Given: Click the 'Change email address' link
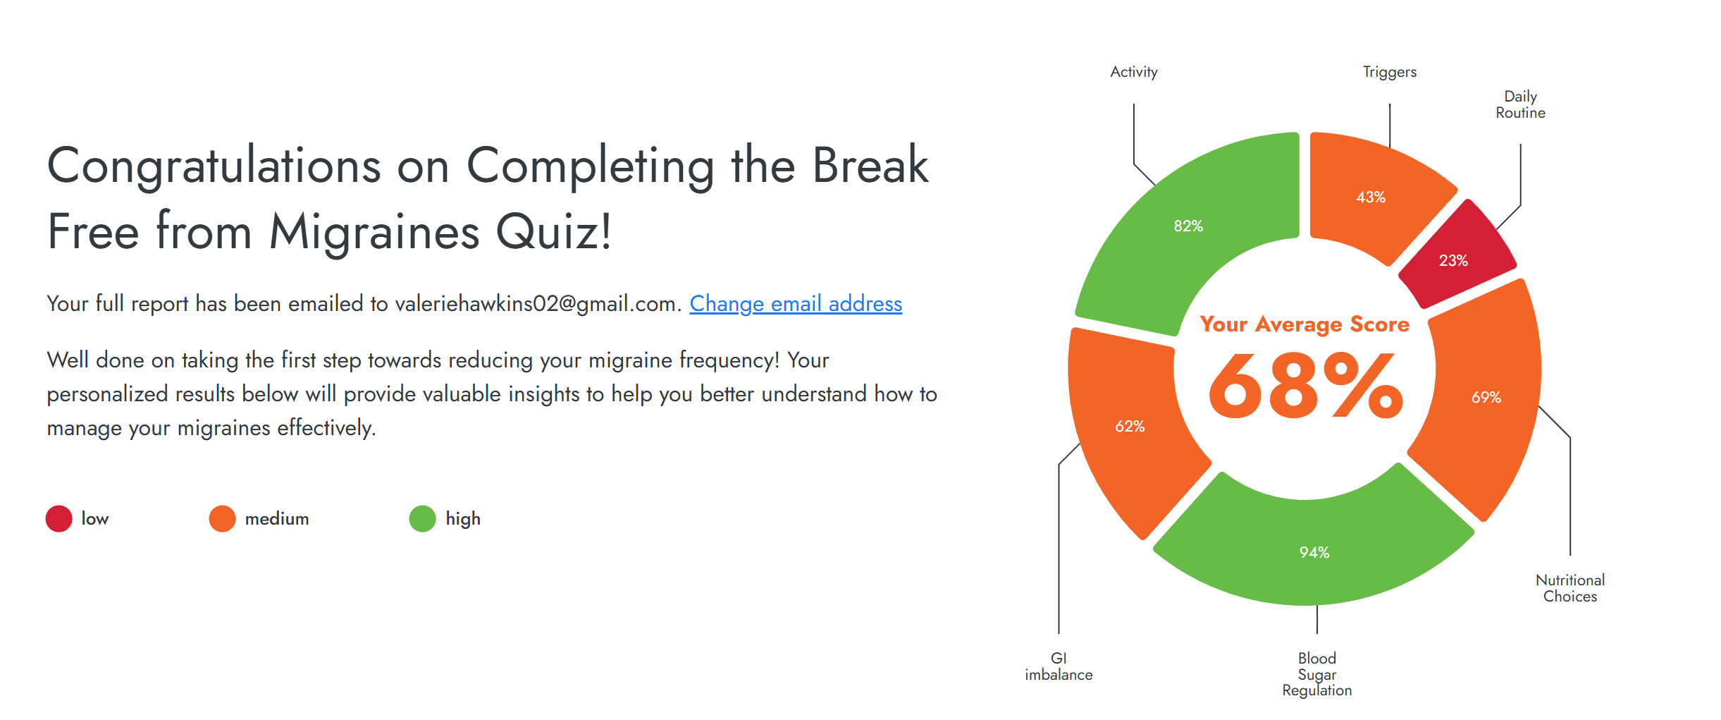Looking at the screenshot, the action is (x=796, y=304).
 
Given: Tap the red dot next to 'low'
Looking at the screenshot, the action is (x=59, y=518).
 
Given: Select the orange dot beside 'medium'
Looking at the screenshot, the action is (x=222, y=518).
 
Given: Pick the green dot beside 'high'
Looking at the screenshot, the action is (x=423, y=518).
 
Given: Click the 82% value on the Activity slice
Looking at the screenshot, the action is (x=1188, y=226).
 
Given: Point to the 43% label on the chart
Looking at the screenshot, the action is (x=1371, y=197).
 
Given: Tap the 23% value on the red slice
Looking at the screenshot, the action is (x=1453, y=260).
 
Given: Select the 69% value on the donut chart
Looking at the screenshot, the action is (x=1486, y=397).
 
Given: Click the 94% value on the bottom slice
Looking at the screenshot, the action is (x=1314, y=552).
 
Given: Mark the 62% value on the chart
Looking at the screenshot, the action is (x=1130, y=426).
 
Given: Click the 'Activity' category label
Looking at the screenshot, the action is (x=1134, y=72).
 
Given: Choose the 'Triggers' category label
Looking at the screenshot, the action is (x=1390, y=72).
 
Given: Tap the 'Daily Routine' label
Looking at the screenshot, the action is (x=1521, y=104).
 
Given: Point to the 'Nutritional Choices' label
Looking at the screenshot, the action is (x=1570, y=588).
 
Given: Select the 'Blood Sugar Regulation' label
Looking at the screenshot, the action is (x=1317, y=674).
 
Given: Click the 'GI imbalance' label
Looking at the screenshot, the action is (x=1059, y=666).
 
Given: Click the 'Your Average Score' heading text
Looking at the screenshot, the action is (x=1304, y=324).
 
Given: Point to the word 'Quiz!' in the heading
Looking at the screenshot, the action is (x=554, y=231).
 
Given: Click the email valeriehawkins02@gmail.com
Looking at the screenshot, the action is (x=538, y=304).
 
